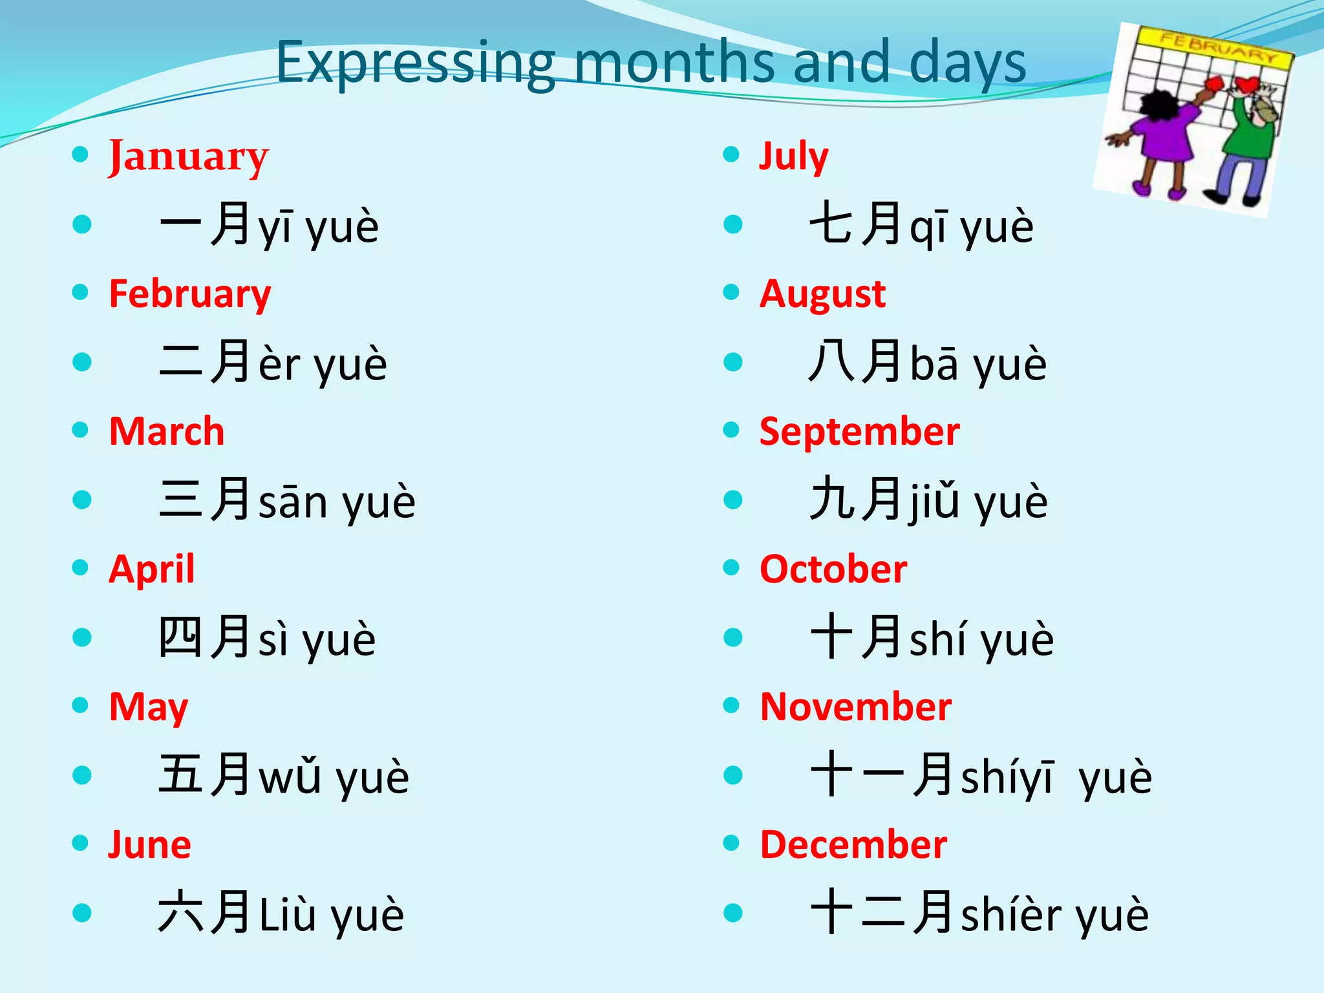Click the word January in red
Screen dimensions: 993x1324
188,157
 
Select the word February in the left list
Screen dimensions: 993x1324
190,295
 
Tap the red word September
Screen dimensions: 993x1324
859,432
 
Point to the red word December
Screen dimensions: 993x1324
853,845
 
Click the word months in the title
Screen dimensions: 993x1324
674,63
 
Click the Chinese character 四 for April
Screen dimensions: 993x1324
180,637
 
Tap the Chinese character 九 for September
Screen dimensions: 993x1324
832,499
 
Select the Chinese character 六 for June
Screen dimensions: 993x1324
180,912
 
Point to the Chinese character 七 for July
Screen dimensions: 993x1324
832,224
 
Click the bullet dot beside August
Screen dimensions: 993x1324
731,292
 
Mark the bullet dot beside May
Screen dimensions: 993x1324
80,705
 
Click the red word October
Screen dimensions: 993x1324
833,570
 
